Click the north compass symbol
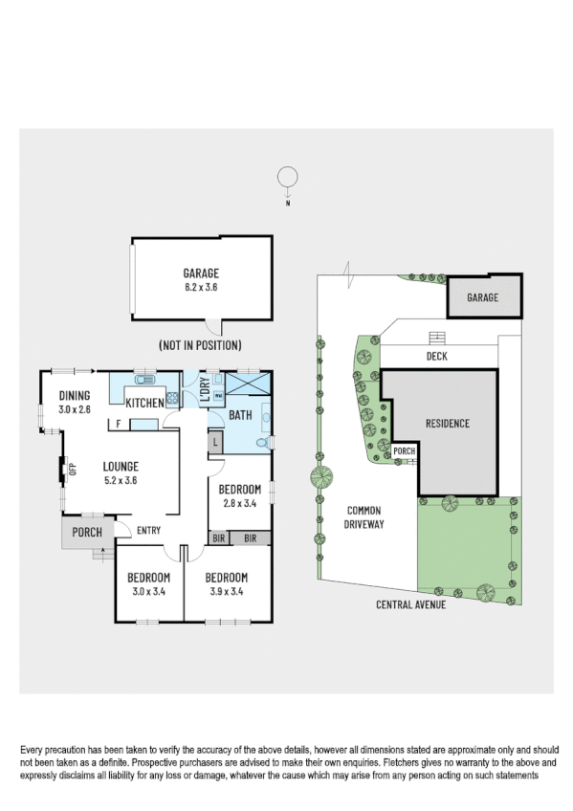click(286, 178)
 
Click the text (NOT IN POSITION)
click(200, 344)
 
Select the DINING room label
click(74, 397)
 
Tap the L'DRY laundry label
click(203, 390)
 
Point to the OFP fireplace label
click(71, 469)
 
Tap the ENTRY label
click(148, 531)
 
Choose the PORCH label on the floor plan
click(87, 532)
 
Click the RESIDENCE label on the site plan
click(448, 423)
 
